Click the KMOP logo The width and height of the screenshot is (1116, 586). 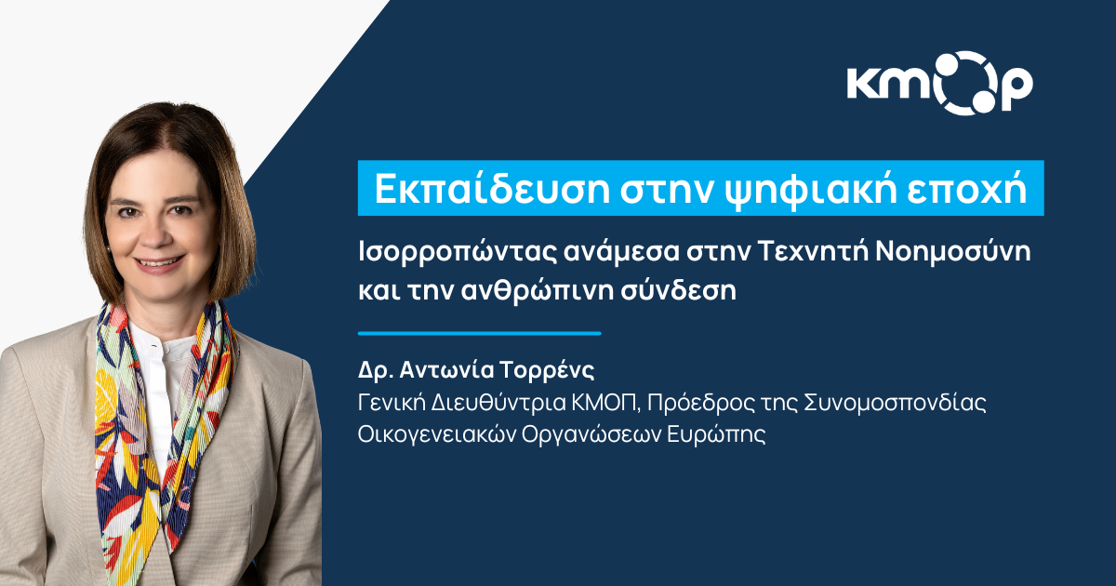(x=939, y=83)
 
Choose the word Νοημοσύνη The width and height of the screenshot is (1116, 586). (x=953, y=252)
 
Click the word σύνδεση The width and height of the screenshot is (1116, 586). (x=678, y=290)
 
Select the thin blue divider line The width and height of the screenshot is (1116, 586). (x=480, y=333)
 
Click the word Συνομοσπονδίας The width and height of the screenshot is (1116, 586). (x=895, y=403)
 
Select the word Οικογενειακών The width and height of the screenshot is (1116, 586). (x=436, y=434)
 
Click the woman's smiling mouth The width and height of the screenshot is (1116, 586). (x=158, y=262)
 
